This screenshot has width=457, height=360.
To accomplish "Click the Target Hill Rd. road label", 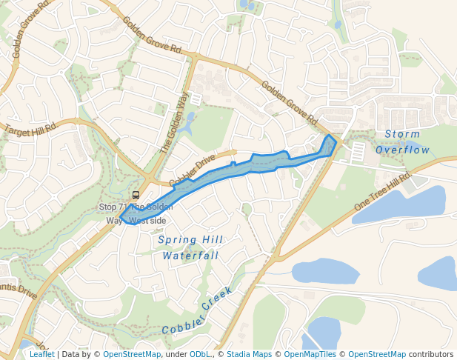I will (x=31, y=128).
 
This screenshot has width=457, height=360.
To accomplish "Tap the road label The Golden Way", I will (x=173, y=121).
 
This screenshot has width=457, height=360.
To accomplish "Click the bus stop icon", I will (x=135, y=195).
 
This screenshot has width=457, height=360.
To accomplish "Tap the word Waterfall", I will (x=190, y=255).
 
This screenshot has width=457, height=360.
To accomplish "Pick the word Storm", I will (x=402, y=134).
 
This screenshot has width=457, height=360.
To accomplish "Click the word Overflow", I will (x=402, y=150).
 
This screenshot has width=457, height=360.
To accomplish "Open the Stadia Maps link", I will (x=249, y=354).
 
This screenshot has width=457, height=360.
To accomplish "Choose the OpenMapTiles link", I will (x=311, y=354).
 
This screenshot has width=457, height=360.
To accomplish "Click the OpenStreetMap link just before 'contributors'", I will (x=377, y=354).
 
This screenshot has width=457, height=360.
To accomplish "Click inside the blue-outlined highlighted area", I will (x=222, y=173).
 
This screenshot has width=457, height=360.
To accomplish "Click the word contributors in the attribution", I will (x=431, y=354).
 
